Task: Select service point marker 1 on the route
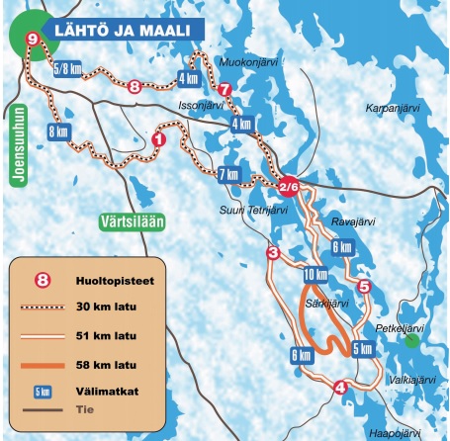point(159,140)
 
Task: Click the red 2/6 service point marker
point(289,185)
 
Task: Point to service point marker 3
point(272,254)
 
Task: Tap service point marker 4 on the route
point(340,387)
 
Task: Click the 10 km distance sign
point(315,274)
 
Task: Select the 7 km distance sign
point(228,174)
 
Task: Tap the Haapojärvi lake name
point(393,431)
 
